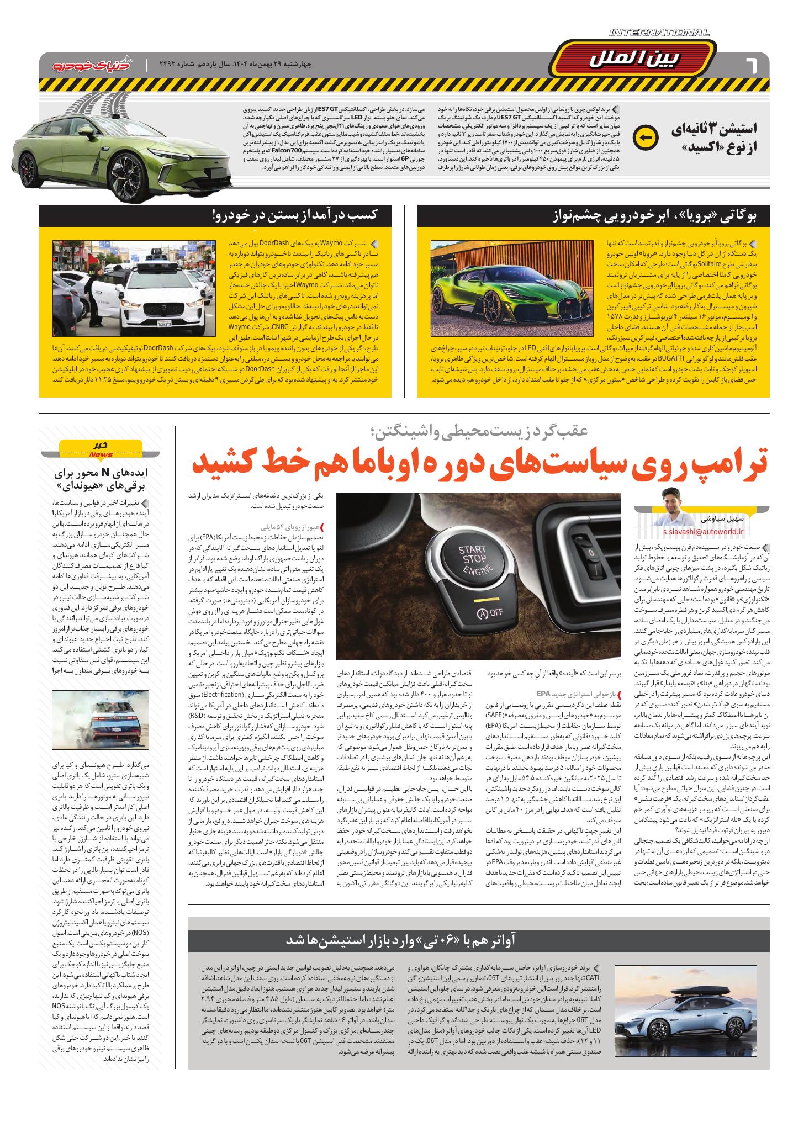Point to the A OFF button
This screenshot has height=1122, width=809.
tap(489, 612)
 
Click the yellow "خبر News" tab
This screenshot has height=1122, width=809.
tap(100, 448)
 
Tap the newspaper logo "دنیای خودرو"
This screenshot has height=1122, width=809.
tap(89, 65)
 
